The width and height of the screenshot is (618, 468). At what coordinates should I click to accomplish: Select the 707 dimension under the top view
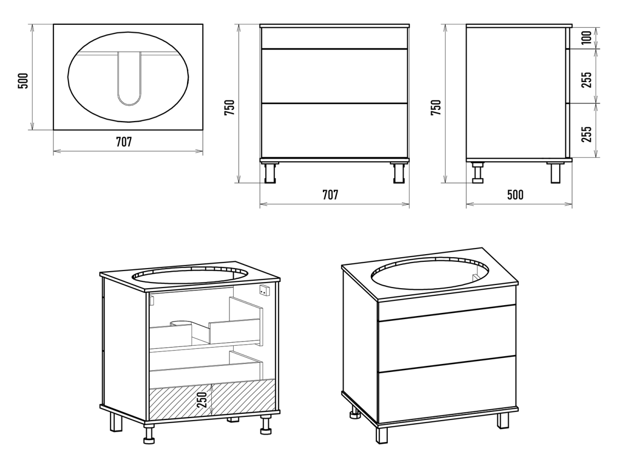coord(123,142)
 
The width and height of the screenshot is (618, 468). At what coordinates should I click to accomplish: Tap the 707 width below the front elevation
coord(330,195)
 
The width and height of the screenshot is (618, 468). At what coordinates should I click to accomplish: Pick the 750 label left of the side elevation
coord(436,108)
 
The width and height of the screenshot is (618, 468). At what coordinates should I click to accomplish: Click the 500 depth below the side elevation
coord(515,195)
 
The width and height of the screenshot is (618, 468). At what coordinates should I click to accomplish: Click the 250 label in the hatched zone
coord(203,399)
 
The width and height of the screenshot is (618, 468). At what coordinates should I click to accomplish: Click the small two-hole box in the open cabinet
coord(264,291)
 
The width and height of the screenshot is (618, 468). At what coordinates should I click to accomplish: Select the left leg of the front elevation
coord(270,173)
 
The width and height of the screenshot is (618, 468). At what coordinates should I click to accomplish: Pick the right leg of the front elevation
coord(397,173)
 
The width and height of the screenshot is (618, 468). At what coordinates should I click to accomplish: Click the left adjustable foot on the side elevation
coord(478,173)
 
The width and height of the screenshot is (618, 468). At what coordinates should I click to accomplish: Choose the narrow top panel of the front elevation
coord(335,38)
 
